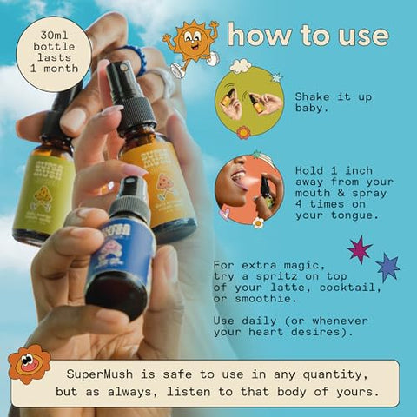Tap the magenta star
(x=359, y=249)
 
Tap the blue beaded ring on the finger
(x=134, y=63)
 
